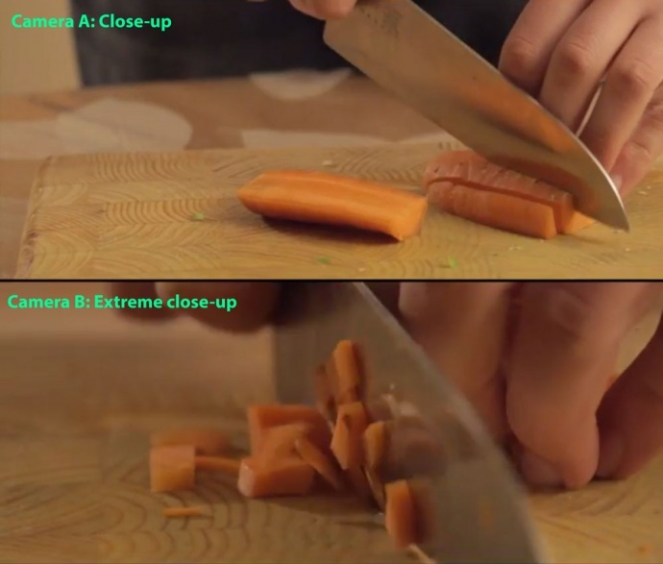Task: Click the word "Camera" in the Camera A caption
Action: coord(42,21)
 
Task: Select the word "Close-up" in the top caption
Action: coord(135,22)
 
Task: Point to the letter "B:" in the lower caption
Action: coord(82,302)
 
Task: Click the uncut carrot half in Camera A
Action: coord(332,204)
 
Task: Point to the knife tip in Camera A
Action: coord(627,229)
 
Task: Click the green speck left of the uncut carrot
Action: coord(198,216)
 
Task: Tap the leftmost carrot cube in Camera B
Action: coord(172,467)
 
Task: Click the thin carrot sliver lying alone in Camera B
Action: coord(183,512)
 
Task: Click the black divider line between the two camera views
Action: coord(331,281)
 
